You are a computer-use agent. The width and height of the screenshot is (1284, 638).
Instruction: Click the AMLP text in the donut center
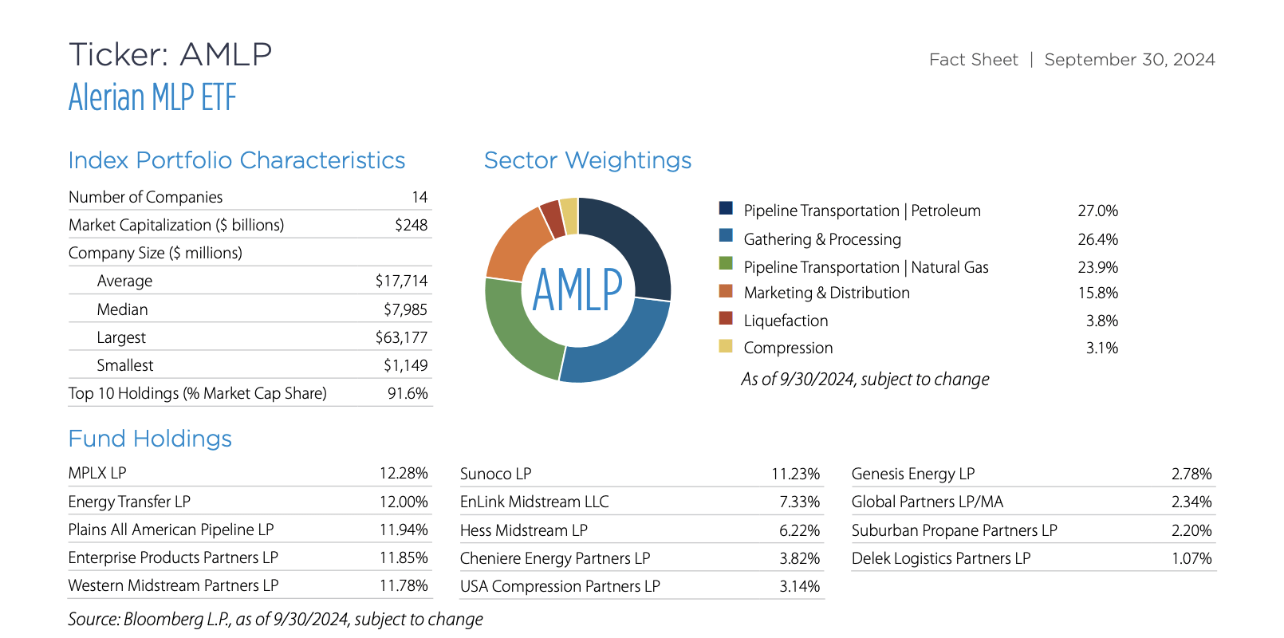pos(577,290)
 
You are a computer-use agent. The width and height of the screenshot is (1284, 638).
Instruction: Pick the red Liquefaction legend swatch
pos(726,318)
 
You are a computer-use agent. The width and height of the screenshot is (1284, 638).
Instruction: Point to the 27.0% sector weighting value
pos(1097,211)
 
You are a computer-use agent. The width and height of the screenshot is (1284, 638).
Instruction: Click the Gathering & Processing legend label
pos(821,239)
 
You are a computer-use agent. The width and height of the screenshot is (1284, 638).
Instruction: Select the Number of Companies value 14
pos(419,197)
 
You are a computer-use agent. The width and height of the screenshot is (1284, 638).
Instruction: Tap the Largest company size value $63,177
pos(401,337)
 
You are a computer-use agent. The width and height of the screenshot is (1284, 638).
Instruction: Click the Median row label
pos(122,309)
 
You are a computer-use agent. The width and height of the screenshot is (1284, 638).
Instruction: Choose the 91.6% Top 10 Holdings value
pos(408,393)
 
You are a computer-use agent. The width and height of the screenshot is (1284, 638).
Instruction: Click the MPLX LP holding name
pos(97,473)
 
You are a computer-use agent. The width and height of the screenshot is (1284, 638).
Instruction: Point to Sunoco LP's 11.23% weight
pos(795,474)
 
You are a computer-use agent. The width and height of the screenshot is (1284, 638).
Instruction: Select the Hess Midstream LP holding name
pos(523,530)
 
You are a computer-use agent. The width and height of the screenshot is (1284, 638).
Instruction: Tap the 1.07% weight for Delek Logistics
pos(1191,558)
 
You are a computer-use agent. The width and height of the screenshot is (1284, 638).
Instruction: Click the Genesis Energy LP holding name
pos(912,474)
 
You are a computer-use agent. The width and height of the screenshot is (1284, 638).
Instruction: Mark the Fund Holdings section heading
pos(150,439)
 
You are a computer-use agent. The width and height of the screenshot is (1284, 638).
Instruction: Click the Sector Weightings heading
pos(587,160)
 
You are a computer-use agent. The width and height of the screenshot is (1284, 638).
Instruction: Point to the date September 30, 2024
pos(1129,60)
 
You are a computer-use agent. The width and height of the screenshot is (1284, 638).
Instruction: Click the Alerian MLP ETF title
pos(152,98)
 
